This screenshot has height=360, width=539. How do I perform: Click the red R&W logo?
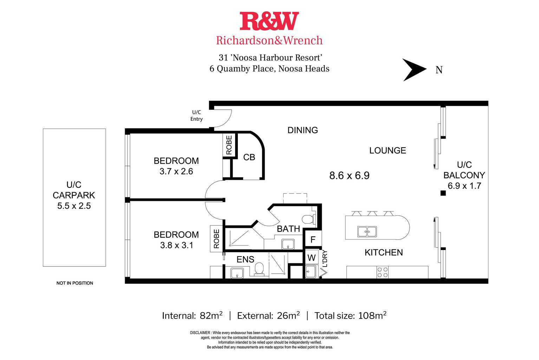pos(269,21)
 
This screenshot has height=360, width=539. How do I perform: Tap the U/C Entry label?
pos(196,116)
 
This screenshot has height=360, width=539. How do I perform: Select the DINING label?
pos(303,130)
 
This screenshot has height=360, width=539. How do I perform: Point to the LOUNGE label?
pos(387,151)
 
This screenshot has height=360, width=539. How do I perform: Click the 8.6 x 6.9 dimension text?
pos(349,176)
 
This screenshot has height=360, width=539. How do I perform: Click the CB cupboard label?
pos(249,157)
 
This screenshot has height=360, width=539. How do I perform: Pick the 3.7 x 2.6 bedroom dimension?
pos(176,171)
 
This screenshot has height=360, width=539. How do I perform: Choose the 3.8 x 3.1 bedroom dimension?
pos(176,245)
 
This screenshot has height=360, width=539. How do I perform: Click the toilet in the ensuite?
pos(259,269)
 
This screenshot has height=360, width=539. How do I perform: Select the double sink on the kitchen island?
pos(367,232)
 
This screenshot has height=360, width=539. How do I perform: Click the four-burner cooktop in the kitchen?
pos(382,272)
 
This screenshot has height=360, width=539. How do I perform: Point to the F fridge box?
pos(313,240)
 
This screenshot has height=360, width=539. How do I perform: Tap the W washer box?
pos(311,258)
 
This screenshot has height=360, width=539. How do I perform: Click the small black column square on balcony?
pos(443,193)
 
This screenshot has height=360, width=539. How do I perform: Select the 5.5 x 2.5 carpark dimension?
pos(74,206)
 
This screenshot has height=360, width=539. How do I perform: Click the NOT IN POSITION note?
pos(74,283)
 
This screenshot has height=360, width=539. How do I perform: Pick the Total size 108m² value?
pos(372,316)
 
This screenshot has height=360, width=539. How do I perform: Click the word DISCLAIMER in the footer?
pos(200,333)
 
